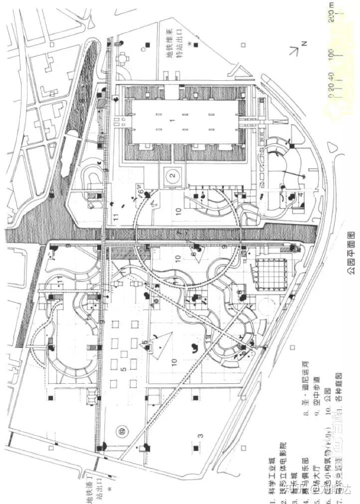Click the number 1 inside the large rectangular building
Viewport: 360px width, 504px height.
(172, 121)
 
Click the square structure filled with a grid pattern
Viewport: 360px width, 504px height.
(270, 274)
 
